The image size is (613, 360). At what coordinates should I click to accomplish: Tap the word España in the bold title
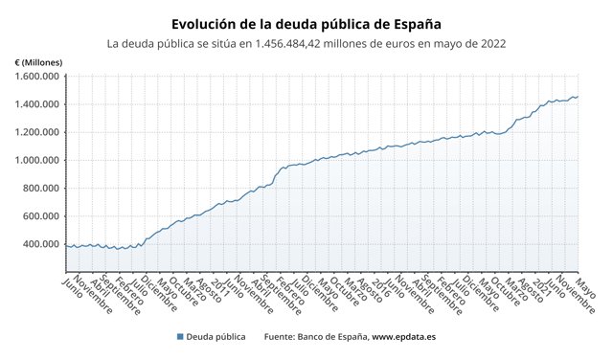pos(416,22)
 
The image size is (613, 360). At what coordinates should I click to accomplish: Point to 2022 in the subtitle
pos(493,44)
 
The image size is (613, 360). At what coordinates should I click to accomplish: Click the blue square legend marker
pos(181,337)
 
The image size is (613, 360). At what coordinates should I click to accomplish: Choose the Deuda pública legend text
pos(217,337)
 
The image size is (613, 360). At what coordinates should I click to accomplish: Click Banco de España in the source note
pos(330,337)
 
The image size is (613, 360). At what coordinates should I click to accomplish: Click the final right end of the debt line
pos(578,97)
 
